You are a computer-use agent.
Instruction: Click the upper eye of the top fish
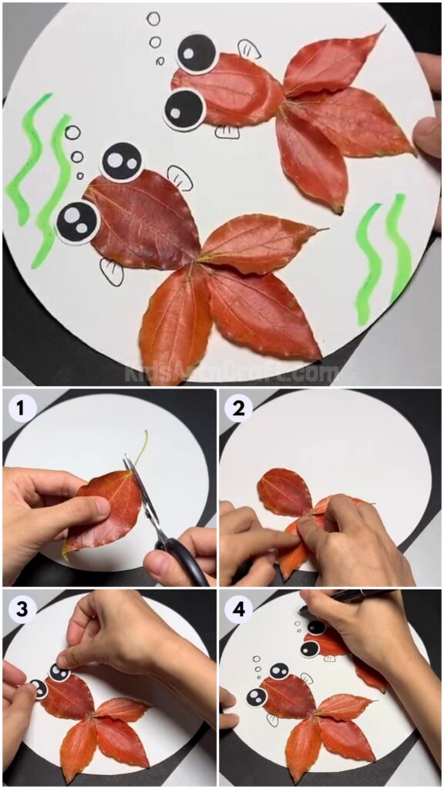click(197, 52)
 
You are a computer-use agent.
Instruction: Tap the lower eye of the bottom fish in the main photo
click(78, 221)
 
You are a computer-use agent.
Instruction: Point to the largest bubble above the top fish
click(153, 18)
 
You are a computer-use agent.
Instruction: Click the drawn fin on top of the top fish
click(248, 49)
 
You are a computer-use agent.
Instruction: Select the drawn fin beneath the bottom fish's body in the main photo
click(112, 271)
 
